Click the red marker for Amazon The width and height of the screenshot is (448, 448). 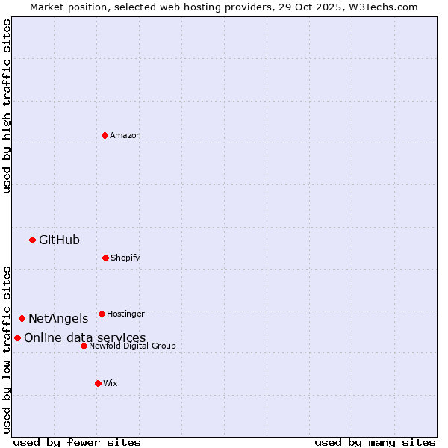(x=105, y=135)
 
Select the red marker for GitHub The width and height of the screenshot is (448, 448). (x=32, y=240)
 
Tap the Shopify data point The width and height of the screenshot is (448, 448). (x=105, y=258)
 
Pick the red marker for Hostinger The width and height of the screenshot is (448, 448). (x=102, y=314)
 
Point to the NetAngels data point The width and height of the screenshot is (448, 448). (x=22, y=318)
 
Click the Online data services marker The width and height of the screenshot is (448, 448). (x=17, y=337)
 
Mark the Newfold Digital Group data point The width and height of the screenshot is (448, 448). (x=84, y=346)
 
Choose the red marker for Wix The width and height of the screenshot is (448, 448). (x=98, y=383)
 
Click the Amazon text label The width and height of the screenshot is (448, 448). (x=125, y=135)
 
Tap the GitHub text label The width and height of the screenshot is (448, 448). (x=59, y=240)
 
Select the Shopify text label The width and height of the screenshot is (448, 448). (x=125, y=258)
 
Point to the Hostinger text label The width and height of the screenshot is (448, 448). (x=125, y=314)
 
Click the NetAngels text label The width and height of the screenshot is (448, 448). (x=58, y=319)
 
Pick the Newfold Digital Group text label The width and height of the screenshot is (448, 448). (x=133, y=346)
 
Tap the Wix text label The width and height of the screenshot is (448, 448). (x=111, y=383)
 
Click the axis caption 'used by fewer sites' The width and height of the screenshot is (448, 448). (x=77, y=442)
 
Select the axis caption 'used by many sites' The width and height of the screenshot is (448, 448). (x=375, y=442)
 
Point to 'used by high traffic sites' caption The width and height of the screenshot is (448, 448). (x=7, y=107)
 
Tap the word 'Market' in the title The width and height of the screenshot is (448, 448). (x=49, y=7)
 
